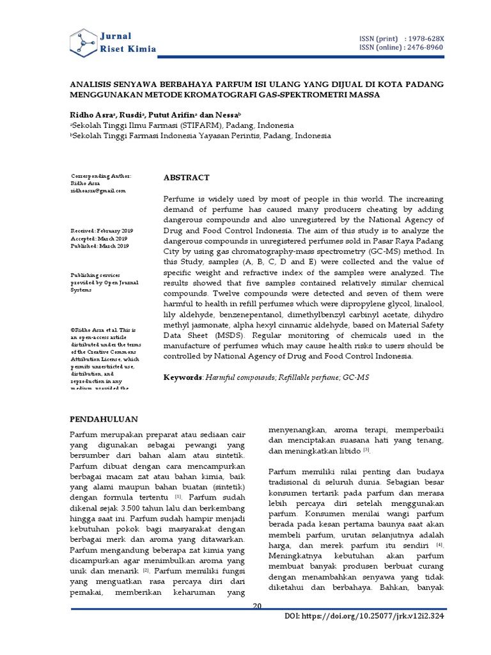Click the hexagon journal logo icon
[83, 42]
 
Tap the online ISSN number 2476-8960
[423, 48]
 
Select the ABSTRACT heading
[186, 177]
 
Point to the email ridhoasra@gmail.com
[98, 191]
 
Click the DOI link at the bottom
[364, 615]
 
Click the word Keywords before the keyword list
[183, 378]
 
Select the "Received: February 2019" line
[102, 230]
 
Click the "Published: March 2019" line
[100, 246]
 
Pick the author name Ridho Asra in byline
[91, 113]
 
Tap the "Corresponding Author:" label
[101, 175]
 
